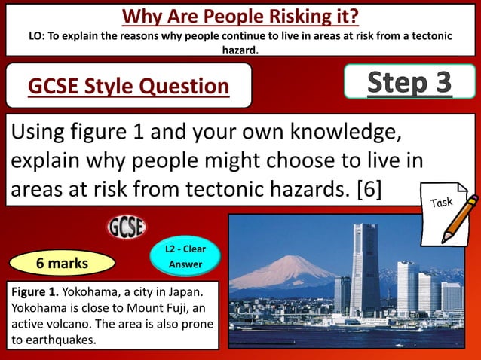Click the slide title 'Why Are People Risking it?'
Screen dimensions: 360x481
[x=240, y=15]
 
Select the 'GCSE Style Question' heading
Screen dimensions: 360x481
[x=128, y=87]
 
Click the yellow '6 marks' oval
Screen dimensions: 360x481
[x=63, y=263]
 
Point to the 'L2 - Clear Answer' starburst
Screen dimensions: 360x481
[x=185, y=257]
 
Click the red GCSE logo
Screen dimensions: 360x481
[x=127, y=227]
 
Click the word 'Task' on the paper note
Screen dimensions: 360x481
[x=442, y=201]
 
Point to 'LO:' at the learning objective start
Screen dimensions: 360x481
[x=37, y=35]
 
